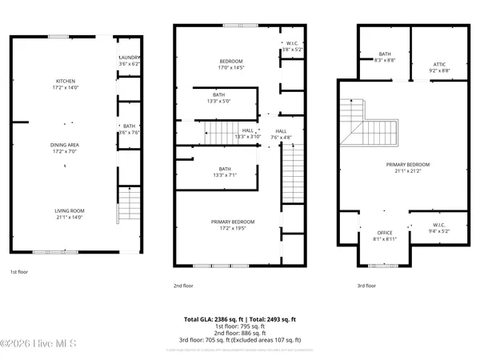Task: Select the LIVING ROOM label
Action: point(66,214)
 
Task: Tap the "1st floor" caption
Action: point(21,273)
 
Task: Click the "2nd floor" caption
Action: point(183,286)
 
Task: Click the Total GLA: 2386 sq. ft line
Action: point(240,318)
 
